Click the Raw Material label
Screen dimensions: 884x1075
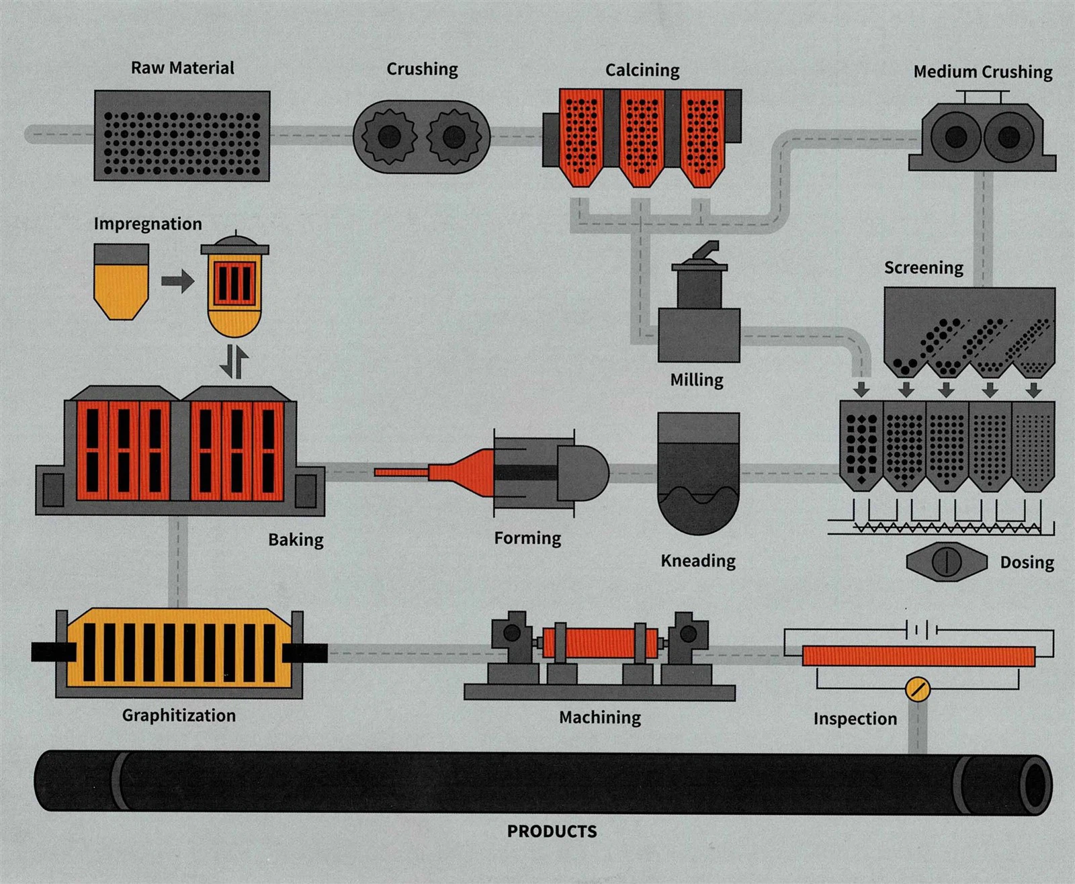[x=182, y=68]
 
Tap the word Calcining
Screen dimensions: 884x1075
[x=642, y=71]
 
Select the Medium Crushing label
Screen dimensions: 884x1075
[x=982, y=72]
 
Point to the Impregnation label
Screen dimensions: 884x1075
[x=148, y=224]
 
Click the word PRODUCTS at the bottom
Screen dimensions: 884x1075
[x=552, y=831]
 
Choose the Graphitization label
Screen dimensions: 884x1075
[x=179, y=715]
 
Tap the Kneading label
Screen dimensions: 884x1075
[x=698, y=561]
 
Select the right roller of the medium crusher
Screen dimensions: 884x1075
[x=1008, y=137]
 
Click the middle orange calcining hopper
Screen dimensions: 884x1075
[x=641, y=138]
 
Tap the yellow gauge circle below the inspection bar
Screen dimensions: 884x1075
[x=917, y=689]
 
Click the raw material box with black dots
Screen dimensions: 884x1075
[x=182, y=136]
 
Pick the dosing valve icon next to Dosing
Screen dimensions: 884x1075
[x=946, y=562]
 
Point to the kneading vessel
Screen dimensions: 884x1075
[x=699, y=473]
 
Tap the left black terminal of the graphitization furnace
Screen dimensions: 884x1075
[x=54, y=652]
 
